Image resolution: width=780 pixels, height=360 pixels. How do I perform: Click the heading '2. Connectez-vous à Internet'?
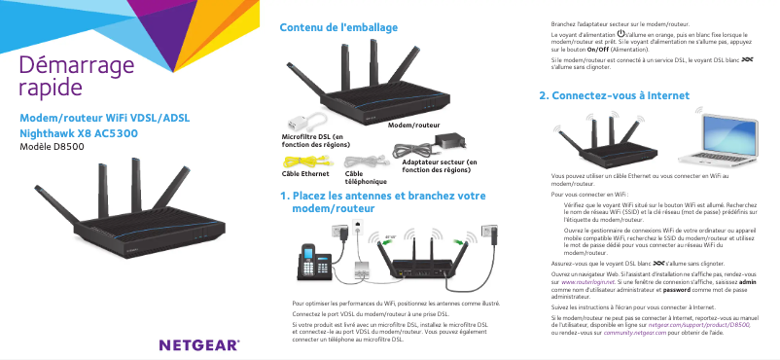tap(615, 97)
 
